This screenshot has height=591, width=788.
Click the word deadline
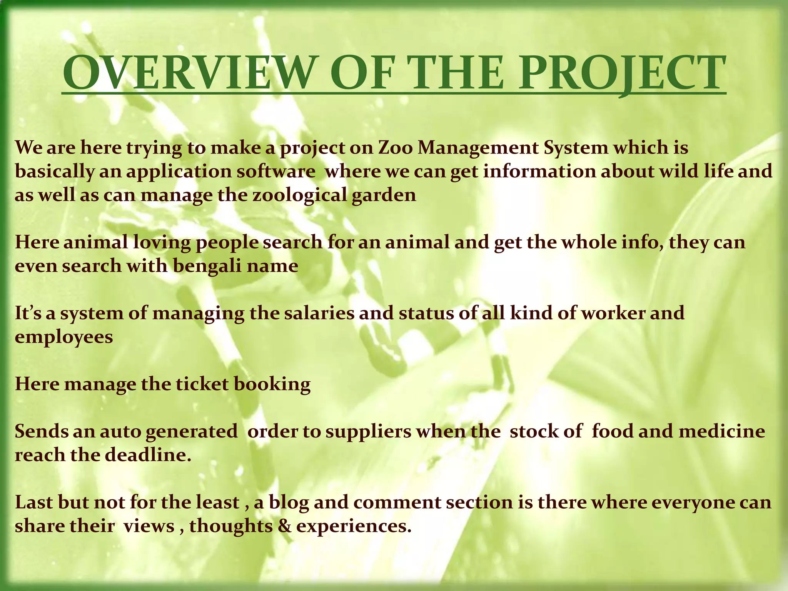(148, 455)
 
